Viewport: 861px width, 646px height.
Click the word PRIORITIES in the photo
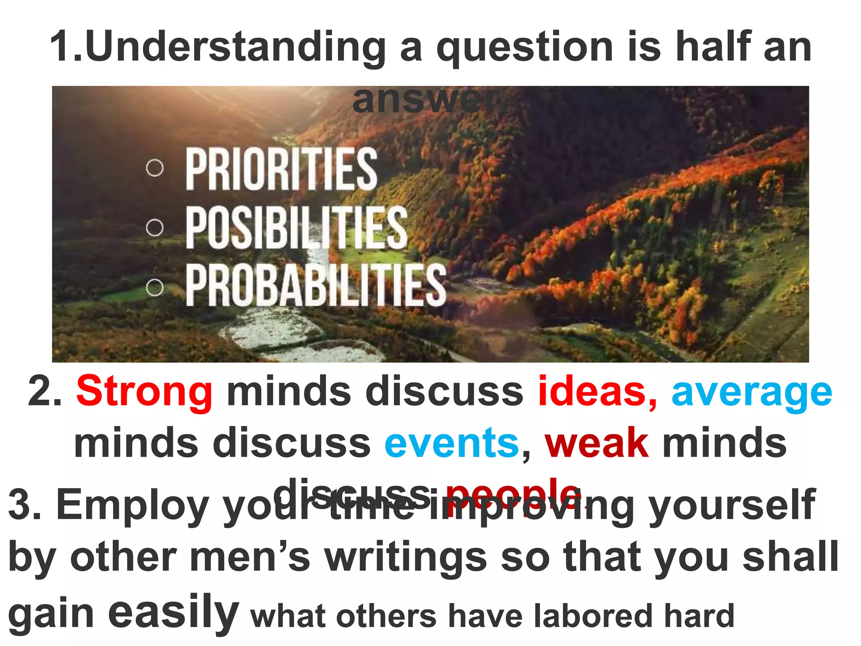pos(281,169)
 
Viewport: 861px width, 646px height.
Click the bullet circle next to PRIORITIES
pos(155,168)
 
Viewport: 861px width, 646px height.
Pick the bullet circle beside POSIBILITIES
pos(155,228)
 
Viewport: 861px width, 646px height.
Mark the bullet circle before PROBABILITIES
pos(155,288)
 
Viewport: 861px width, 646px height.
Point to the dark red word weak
pos(596,442)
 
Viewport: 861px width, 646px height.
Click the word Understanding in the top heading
pos(235,47)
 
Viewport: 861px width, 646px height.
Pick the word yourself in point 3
pos(732,505)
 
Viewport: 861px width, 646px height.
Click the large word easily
pos(173,612)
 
